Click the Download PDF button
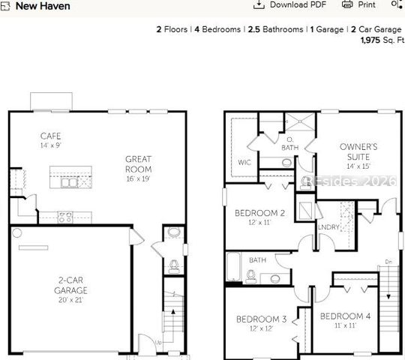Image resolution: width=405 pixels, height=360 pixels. pos(289,4)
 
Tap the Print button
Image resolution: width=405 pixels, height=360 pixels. pos(359,4)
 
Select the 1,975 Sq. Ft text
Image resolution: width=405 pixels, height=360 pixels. pos(381,40)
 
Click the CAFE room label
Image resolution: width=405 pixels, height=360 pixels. pos(51,136)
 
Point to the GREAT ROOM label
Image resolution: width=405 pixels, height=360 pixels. pos(138,163)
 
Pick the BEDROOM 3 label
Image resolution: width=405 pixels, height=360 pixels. pos(261,319)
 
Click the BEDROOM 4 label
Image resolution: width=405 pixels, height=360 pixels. pos(345,316)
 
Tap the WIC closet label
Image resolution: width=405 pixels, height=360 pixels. pos(244,161)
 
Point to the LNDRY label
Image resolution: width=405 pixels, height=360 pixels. pos(328,226)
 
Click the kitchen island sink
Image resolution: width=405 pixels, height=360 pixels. pos(69,181)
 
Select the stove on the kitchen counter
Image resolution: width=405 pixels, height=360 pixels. pos(65,217)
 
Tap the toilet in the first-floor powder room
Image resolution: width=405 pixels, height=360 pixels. pos(173,264)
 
